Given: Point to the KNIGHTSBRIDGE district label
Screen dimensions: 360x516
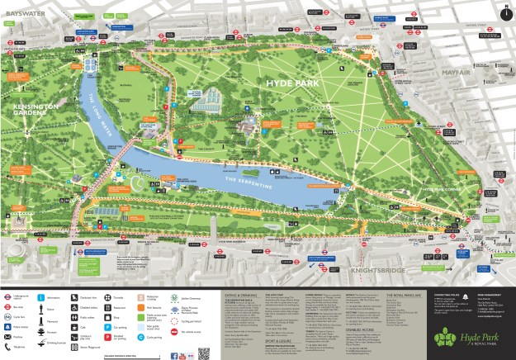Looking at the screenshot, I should click(x=374, y=270).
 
